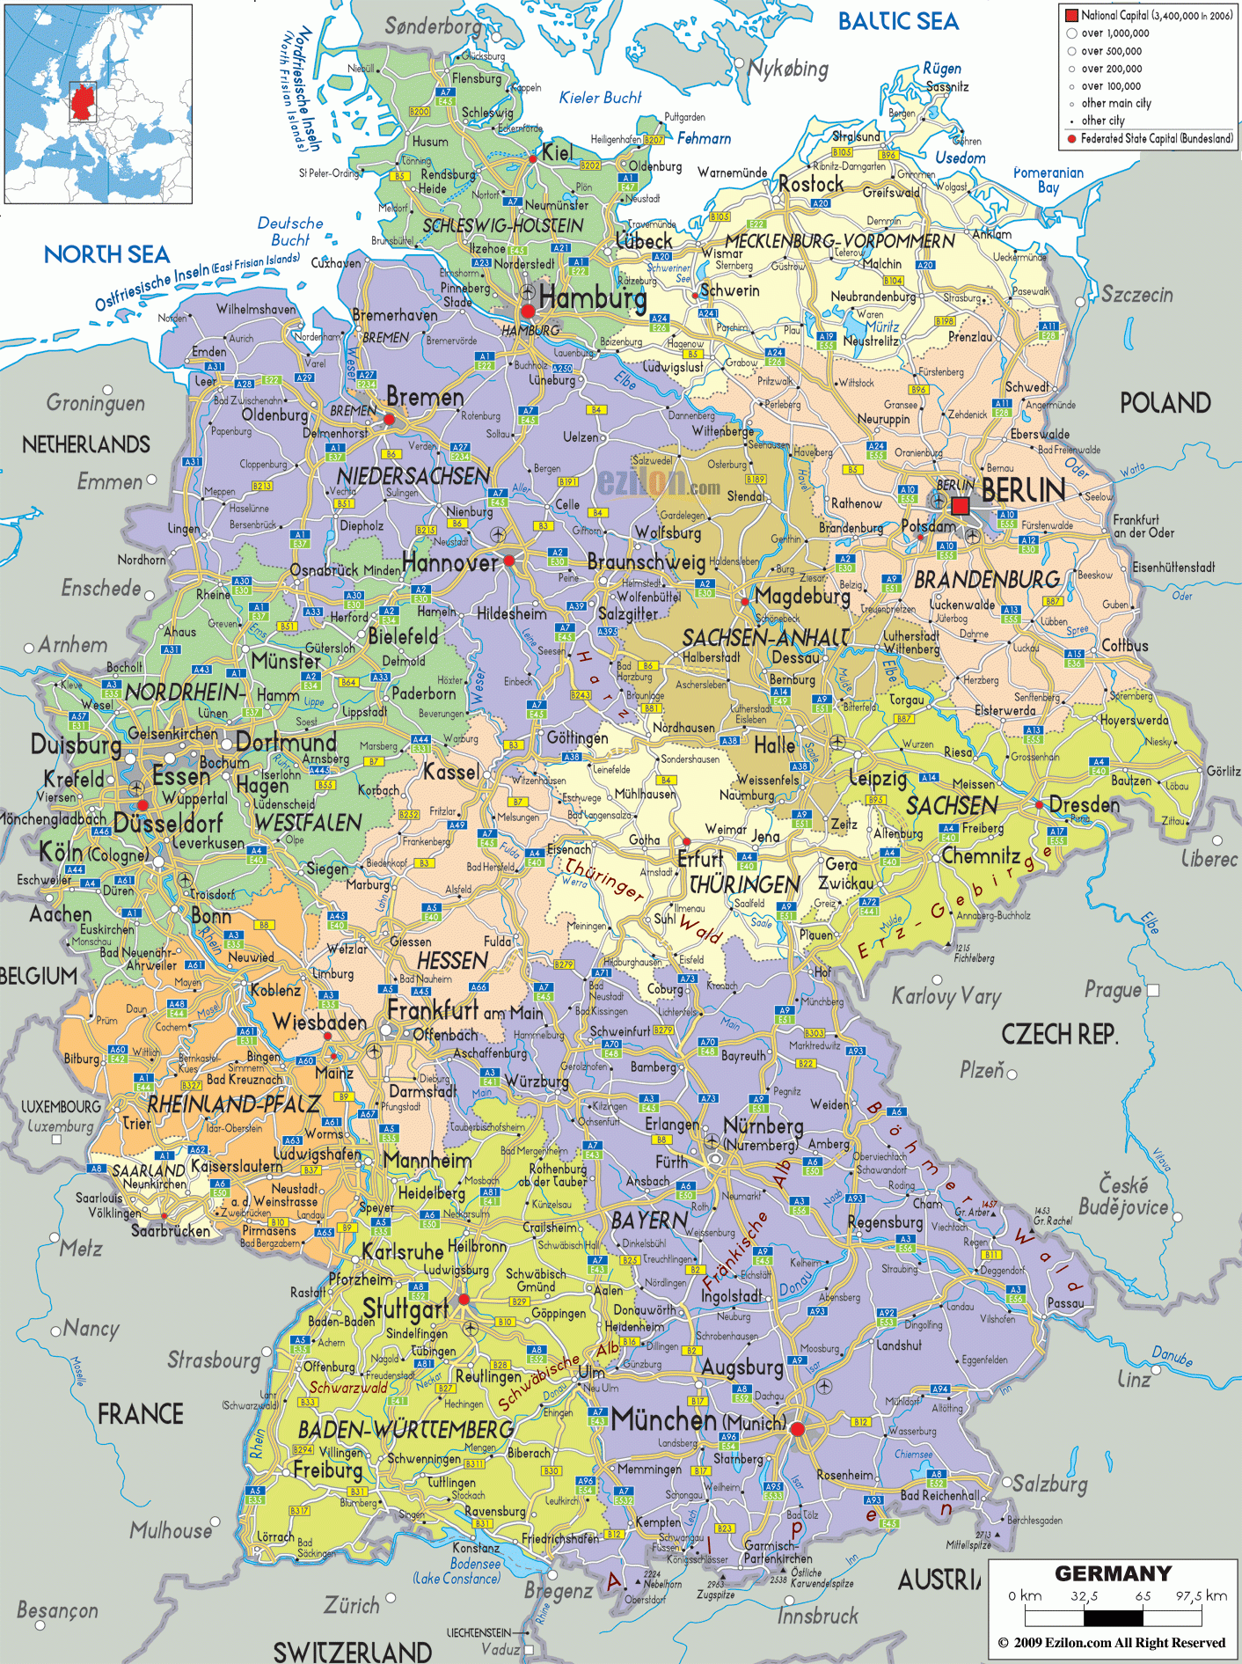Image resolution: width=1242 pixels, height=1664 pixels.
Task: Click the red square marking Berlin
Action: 961,506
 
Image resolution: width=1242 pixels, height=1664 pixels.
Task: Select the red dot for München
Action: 797,1429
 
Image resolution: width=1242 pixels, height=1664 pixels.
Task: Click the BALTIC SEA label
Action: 897,22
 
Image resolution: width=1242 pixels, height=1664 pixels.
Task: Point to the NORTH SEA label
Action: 106,255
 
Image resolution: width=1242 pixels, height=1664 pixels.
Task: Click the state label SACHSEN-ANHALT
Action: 765,637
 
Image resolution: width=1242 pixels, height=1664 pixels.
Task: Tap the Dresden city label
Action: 1085,804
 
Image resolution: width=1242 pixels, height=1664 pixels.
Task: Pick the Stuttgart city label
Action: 405,1308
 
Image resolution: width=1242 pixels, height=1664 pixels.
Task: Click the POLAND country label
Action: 1165,403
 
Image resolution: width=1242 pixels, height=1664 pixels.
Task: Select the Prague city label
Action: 1113,989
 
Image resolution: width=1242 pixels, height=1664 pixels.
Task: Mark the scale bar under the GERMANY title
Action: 1113,1617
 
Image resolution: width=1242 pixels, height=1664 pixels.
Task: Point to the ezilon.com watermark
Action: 659,482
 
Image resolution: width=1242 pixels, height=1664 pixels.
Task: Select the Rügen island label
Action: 941,68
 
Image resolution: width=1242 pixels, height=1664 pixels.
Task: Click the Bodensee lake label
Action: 475,1564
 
